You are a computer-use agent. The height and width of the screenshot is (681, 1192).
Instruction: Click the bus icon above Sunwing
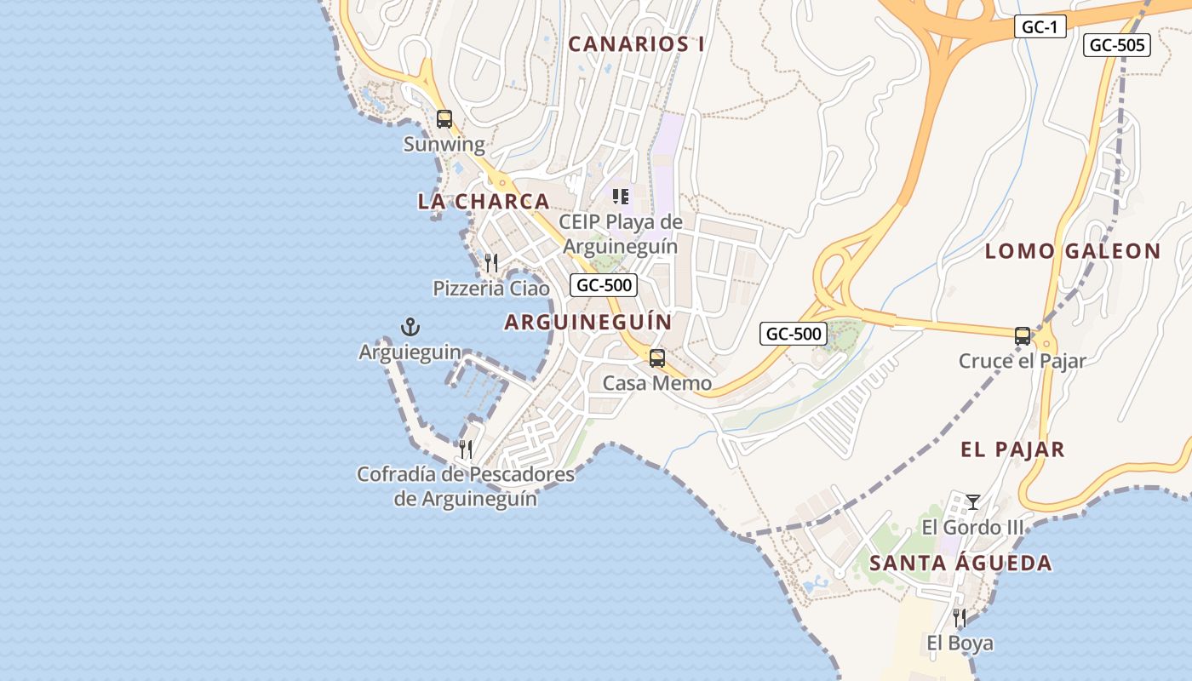[x=444, y=119]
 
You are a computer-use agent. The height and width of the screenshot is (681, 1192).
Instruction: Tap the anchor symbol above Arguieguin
[x=410, y=326]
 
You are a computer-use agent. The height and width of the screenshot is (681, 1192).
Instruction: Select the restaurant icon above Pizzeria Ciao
[x=491, y=263]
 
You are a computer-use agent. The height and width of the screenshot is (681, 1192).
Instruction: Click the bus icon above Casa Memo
[x=657, y=358]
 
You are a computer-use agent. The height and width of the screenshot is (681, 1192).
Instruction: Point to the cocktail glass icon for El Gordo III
[x=973, y=502]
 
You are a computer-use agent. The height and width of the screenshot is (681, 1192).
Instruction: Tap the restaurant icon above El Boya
[x=960, y=617]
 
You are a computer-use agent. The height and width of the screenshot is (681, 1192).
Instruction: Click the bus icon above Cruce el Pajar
[x=1023, y=336]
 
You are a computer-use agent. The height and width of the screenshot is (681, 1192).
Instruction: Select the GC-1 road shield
[x=1040, y=27]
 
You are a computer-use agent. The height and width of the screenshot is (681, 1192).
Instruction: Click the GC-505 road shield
[x=1116, y=45]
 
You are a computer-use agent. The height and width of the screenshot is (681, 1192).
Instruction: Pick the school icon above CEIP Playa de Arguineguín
[x=621, y=197]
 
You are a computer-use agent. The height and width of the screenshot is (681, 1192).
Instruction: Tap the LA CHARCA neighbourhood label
[x=483, y=202]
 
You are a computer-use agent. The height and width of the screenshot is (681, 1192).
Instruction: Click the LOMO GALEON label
[x=1073, y=251]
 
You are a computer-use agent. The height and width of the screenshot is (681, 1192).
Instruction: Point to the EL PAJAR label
[x=1012, y=449]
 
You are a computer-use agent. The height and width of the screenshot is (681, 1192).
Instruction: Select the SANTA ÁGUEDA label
[x=960, y=563]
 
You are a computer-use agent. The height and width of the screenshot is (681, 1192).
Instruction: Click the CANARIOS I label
[x=636, y=44]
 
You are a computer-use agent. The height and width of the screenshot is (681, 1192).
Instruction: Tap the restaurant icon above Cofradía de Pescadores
[x=466, y=449]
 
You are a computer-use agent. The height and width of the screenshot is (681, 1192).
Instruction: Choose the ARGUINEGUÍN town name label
[x=587, y=322]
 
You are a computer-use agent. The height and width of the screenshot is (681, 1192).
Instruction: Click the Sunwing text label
[x=444, y=144]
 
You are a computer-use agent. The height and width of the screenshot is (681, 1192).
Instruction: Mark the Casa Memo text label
[x=657, y=383]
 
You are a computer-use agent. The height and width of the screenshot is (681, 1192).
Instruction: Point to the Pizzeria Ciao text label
[x=491, y=289]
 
